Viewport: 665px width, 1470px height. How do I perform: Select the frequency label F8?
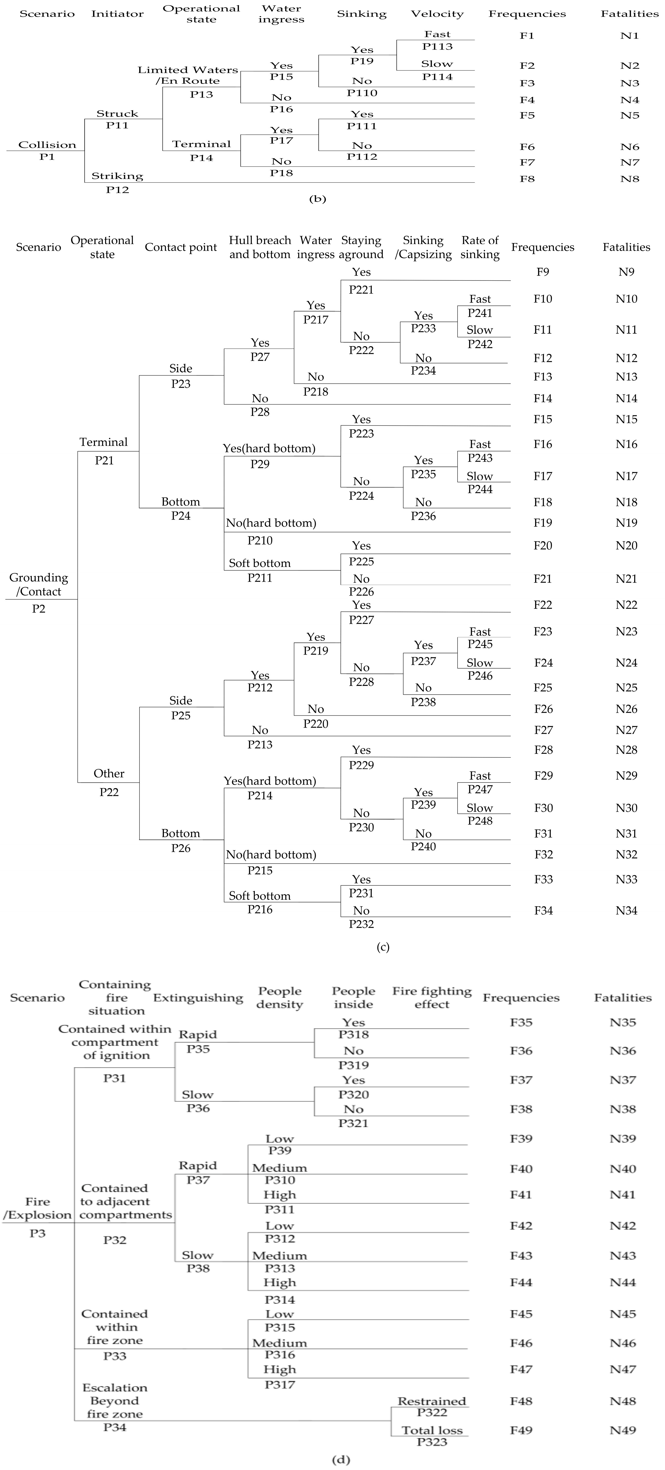(527, 179)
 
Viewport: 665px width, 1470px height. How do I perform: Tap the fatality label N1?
(630, 35)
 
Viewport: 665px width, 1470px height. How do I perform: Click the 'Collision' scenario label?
(47, 145)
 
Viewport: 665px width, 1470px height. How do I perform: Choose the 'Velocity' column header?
(437, 14)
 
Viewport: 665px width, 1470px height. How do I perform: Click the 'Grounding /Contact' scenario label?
(38, 584)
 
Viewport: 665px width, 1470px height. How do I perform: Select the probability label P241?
(480, 313)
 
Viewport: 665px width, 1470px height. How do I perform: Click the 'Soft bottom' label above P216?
(260, 896)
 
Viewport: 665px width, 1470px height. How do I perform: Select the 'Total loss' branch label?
(432, 1430)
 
